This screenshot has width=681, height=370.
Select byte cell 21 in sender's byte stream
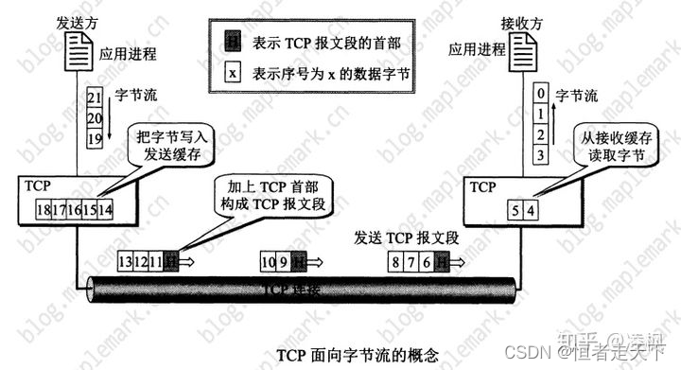click(x=94, y=97)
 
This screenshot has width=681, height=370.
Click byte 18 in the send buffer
click(x=43, y=209)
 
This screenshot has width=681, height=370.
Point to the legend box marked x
click(x=231, y=70)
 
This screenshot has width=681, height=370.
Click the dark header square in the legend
click(x=231, y=42)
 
